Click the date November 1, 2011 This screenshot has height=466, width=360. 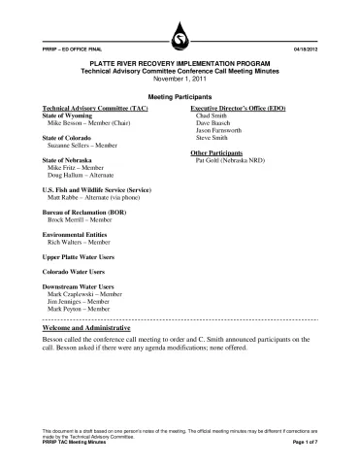point(180,81)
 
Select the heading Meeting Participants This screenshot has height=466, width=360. point(180,99)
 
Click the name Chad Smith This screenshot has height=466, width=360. point(213,116)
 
